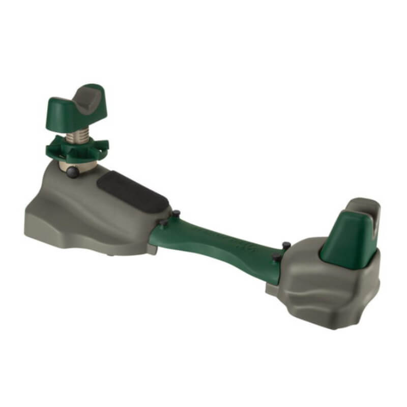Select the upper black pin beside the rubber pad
(x=176, y=212)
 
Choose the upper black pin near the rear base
(x=286, y=246)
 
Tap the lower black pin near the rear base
(x=276, y=258)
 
